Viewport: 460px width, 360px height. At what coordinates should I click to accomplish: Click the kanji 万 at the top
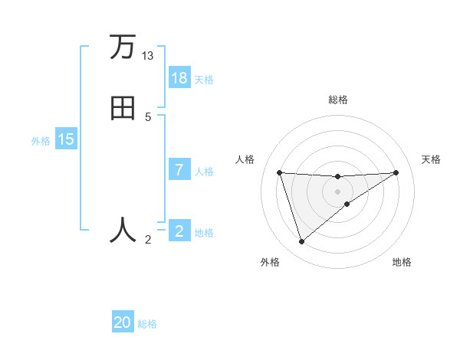pos(122,47)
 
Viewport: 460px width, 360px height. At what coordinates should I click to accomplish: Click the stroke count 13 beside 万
pos(148,56)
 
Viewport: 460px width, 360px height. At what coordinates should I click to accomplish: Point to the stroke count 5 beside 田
pos(148,116)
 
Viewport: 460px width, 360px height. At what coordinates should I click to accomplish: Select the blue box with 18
pos(179,78)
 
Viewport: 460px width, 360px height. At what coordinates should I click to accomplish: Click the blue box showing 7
pos(179,170)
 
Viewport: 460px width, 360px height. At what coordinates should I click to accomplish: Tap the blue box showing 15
pos(66,139)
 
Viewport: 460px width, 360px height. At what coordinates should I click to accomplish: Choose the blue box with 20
pos(123,322)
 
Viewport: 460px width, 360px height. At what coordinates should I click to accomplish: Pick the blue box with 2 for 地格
pos(179,231)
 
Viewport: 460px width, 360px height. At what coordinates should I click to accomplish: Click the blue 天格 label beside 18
pos(204,79)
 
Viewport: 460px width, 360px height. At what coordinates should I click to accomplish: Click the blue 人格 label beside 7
pos(204,171)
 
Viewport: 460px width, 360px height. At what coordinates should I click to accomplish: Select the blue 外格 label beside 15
pos(41,140)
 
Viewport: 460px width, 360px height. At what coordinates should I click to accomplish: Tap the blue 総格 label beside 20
pos(147,323)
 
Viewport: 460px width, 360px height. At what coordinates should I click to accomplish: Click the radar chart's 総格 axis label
pos(337,100)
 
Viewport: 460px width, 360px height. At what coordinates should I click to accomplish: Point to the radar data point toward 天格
pos(396,172)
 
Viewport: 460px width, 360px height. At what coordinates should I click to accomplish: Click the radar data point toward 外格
pos(301,242)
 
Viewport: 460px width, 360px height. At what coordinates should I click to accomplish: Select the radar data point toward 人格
pos(279,172)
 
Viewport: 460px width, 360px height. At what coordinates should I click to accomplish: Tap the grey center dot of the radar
pos(337,191)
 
